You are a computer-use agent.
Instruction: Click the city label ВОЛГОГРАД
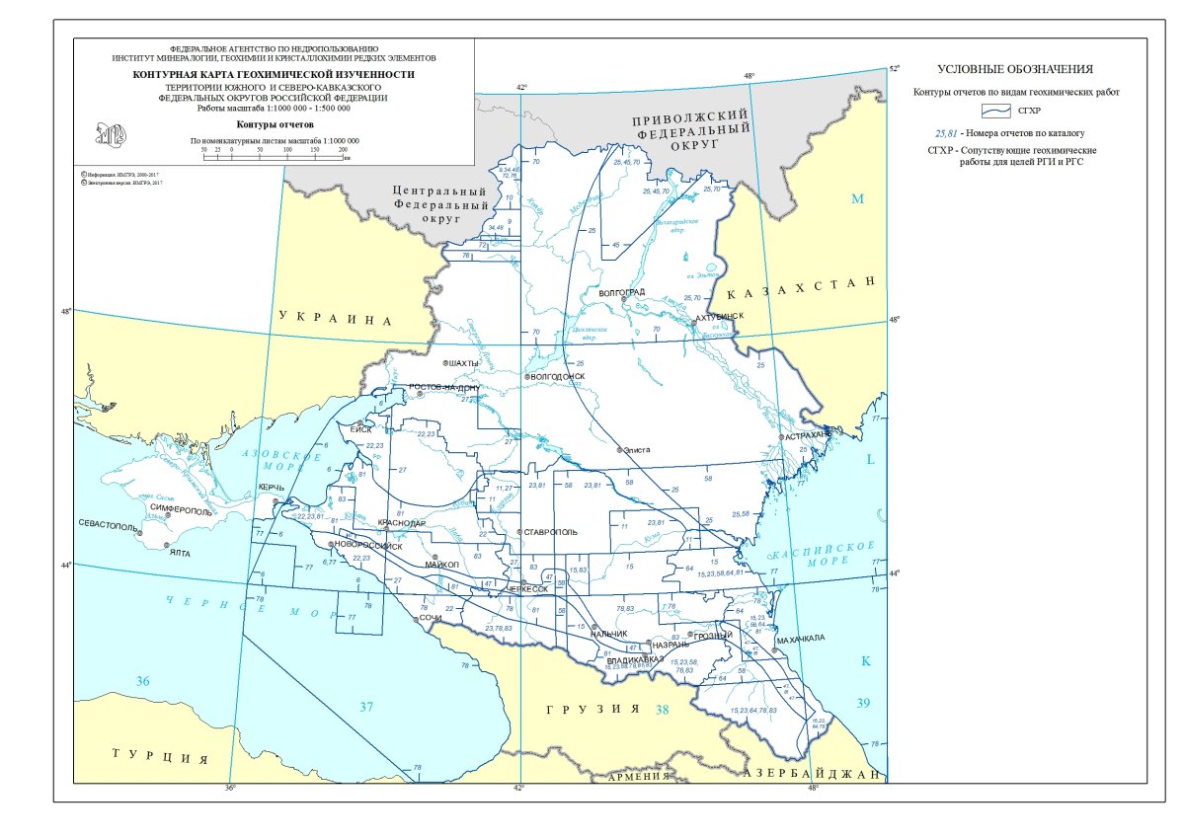tap(622, 292)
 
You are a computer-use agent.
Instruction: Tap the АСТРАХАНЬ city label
tap(808, 434)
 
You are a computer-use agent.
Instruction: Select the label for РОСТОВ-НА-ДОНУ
tap(444, 387)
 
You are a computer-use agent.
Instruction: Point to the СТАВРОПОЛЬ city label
tap(552, 532)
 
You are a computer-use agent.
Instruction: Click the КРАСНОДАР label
tap(401, 523)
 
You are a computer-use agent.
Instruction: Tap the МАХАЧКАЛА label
tap(800, 639)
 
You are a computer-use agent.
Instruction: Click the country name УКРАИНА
tap(336, 320)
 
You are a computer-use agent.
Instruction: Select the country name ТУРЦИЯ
tap(159, 757)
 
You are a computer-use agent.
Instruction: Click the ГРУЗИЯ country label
tap(593, 709)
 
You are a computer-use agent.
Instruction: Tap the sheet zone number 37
tap(367, 707)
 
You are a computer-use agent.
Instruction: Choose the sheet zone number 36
tap(143, 682)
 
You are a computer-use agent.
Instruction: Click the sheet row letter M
tap(858, 199)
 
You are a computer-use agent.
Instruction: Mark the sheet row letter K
tap(866, 661)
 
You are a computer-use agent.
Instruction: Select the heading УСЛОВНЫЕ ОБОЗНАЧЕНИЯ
tap(1015, 69)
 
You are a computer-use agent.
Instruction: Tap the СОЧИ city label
tap(430, 618)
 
